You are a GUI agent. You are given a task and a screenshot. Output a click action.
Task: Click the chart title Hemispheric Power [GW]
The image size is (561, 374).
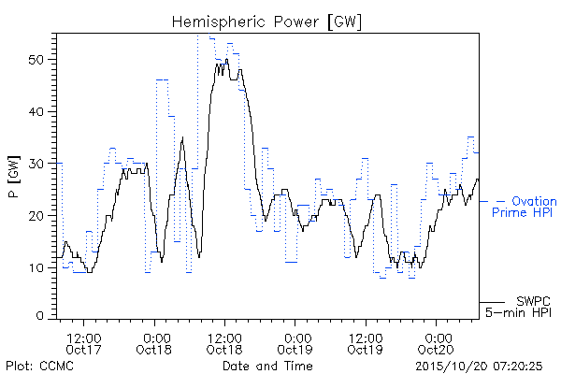point(266,22)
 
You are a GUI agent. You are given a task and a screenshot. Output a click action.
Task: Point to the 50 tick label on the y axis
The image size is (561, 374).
point(36,60)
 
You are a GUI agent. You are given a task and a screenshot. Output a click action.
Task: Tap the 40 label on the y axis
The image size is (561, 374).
point(36,111)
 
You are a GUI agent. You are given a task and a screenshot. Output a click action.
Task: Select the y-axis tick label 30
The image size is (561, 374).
point(36,164)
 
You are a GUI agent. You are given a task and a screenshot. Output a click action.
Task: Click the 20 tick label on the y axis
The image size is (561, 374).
point(36,216)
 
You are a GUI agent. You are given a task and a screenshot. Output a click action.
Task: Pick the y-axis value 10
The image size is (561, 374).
point(36,267)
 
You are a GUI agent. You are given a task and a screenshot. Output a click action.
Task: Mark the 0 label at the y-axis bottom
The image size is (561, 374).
point(40,316)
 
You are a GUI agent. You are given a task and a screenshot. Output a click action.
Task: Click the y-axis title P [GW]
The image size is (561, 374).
point(14,177)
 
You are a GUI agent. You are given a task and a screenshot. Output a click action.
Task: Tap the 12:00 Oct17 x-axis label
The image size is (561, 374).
point(84,343)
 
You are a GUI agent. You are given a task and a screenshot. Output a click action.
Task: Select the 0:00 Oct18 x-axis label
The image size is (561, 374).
point(154,343)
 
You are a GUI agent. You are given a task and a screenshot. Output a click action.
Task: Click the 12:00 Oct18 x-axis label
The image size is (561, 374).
point(224,343)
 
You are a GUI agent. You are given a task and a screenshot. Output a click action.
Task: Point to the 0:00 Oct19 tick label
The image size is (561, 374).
point(295,343)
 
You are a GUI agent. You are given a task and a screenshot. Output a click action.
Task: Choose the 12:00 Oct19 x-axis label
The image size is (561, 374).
point(366,343)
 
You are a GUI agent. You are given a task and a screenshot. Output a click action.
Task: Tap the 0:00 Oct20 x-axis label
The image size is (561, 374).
point(436,343)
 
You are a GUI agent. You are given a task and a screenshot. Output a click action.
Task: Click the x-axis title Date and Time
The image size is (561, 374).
point(267,367)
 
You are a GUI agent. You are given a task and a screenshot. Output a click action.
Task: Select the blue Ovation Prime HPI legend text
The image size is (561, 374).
point(525,207)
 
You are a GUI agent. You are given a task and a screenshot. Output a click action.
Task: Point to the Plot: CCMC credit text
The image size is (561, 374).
point(39,367)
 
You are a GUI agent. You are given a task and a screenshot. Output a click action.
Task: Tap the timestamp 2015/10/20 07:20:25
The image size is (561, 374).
point(479,367)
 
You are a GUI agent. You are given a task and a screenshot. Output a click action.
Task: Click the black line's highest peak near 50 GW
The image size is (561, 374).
point(227,59)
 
